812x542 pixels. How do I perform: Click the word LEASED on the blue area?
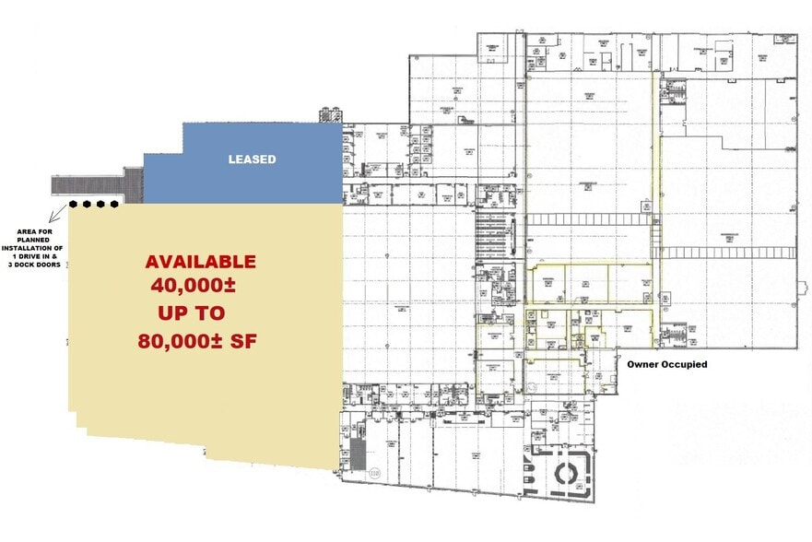(252, 159)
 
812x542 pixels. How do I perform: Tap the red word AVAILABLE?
(200, 262)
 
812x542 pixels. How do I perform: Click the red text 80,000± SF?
(197, 341)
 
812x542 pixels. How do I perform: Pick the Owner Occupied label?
(667, 364)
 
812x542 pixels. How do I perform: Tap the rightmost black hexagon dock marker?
(115, 204)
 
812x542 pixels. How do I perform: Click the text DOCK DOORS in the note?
(35, 267)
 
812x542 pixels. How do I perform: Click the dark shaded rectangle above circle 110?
(358, 452)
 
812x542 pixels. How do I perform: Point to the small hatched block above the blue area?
(329, 116)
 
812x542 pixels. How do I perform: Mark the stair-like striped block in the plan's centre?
(488, 237)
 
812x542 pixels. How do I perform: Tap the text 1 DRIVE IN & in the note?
(33, 258)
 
